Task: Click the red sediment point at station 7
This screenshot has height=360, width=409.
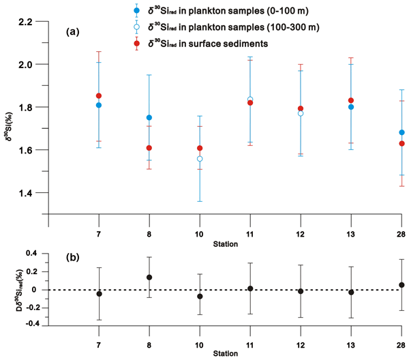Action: click(100, 96)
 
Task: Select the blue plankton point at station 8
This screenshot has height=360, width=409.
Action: click(149, 118)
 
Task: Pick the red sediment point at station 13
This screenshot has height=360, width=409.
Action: click(351, 101)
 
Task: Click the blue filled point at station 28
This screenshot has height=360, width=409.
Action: click(401, 132)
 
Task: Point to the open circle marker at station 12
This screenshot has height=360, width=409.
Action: click(301, 113)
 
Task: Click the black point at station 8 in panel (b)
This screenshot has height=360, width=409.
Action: click(149, 277)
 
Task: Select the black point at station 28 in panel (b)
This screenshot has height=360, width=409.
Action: click(401, 285)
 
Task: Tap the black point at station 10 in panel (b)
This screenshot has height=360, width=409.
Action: click(200, 297)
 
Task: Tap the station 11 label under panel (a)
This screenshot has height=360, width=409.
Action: click(250, 235)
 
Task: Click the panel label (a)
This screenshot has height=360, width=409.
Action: click(76, 32)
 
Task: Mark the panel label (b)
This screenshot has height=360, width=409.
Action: click(74, 258)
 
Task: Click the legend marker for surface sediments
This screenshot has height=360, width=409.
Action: click(136, 42)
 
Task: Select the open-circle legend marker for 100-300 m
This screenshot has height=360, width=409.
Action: click(136, 27)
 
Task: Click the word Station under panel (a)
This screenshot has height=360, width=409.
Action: click(225, 243)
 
